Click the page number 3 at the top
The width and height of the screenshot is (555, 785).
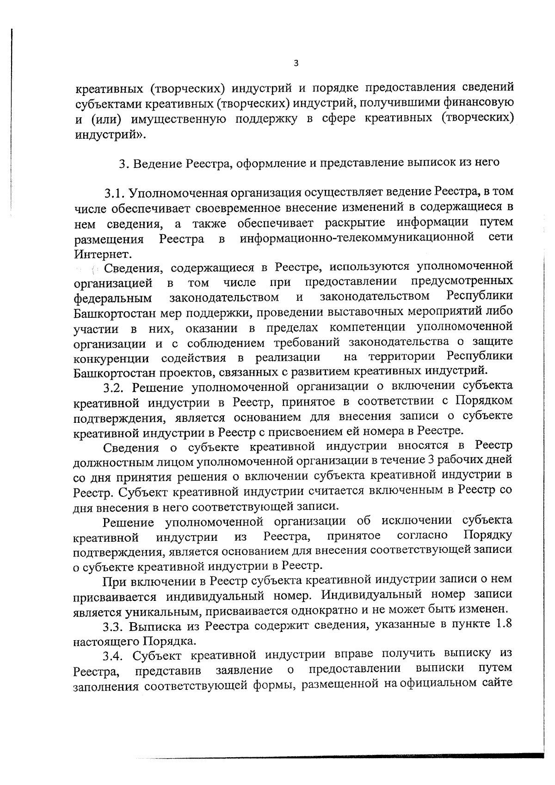pyautogui.click(x=296, y=63)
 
